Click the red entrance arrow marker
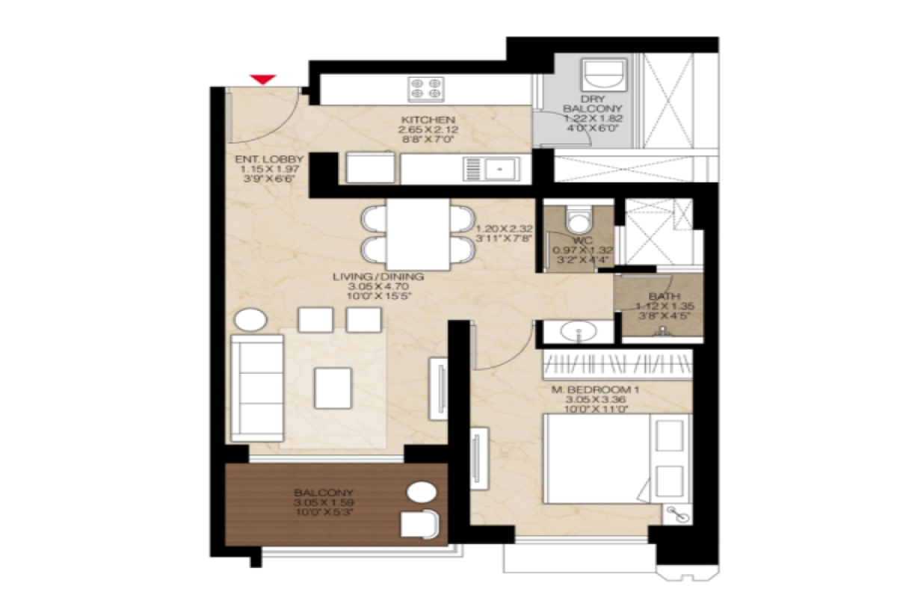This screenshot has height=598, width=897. click(263, 79)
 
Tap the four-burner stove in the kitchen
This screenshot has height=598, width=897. click(425, 90)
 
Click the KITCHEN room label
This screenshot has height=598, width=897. click(428, 120)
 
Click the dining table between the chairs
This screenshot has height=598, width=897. click(419, 234)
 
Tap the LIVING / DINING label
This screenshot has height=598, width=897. click(379, 277)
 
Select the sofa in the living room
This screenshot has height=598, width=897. click(256, 387)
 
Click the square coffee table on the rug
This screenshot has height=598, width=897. click(333, 388)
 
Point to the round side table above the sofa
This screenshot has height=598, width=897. click(250, 320)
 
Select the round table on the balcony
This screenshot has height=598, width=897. click(421, 493)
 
